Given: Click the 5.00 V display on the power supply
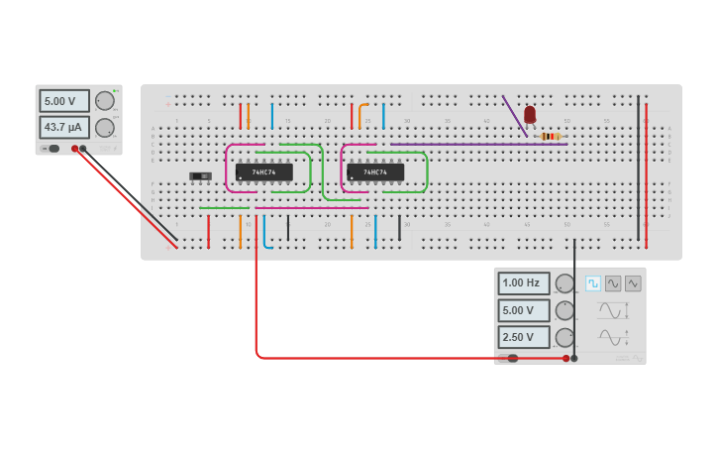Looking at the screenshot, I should (x=64, y=101).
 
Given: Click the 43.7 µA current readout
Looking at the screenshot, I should (x=64, y=127).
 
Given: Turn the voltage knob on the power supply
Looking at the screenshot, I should (x=104, y=100).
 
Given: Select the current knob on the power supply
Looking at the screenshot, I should (x=104, y=128).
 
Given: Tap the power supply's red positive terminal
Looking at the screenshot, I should (x=74, y=149).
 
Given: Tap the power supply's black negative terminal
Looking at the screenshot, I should (x=83, y=149).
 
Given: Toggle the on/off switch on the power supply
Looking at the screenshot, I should (x=52, y=149).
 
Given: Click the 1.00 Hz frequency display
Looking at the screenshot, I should (x=524, y=283).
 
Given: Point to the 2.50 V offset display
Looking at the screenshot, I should (x=524, y=337).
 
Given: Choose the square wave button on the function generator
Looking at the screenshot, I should (x=593, y=283).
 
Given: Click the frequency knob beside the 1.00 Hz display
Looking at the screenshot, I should (x=564, y=284).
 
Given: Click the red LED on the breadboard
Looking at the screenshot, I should (x=530, y=115).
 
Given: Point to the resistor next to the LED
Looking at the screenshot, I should (x=551, y=136).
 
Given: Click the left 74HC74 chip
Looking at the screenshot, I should (x=264, y=172).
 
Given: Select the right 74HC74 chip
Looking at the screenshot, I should (x=375, y=172).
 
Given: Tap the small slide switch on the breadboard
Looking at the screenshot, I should (x=200, y=176).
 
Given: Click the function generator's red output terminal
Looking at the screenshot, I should (x=566, y=358).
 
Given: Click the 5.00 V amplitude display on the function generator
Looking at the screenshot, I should (x=524, y=310).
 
